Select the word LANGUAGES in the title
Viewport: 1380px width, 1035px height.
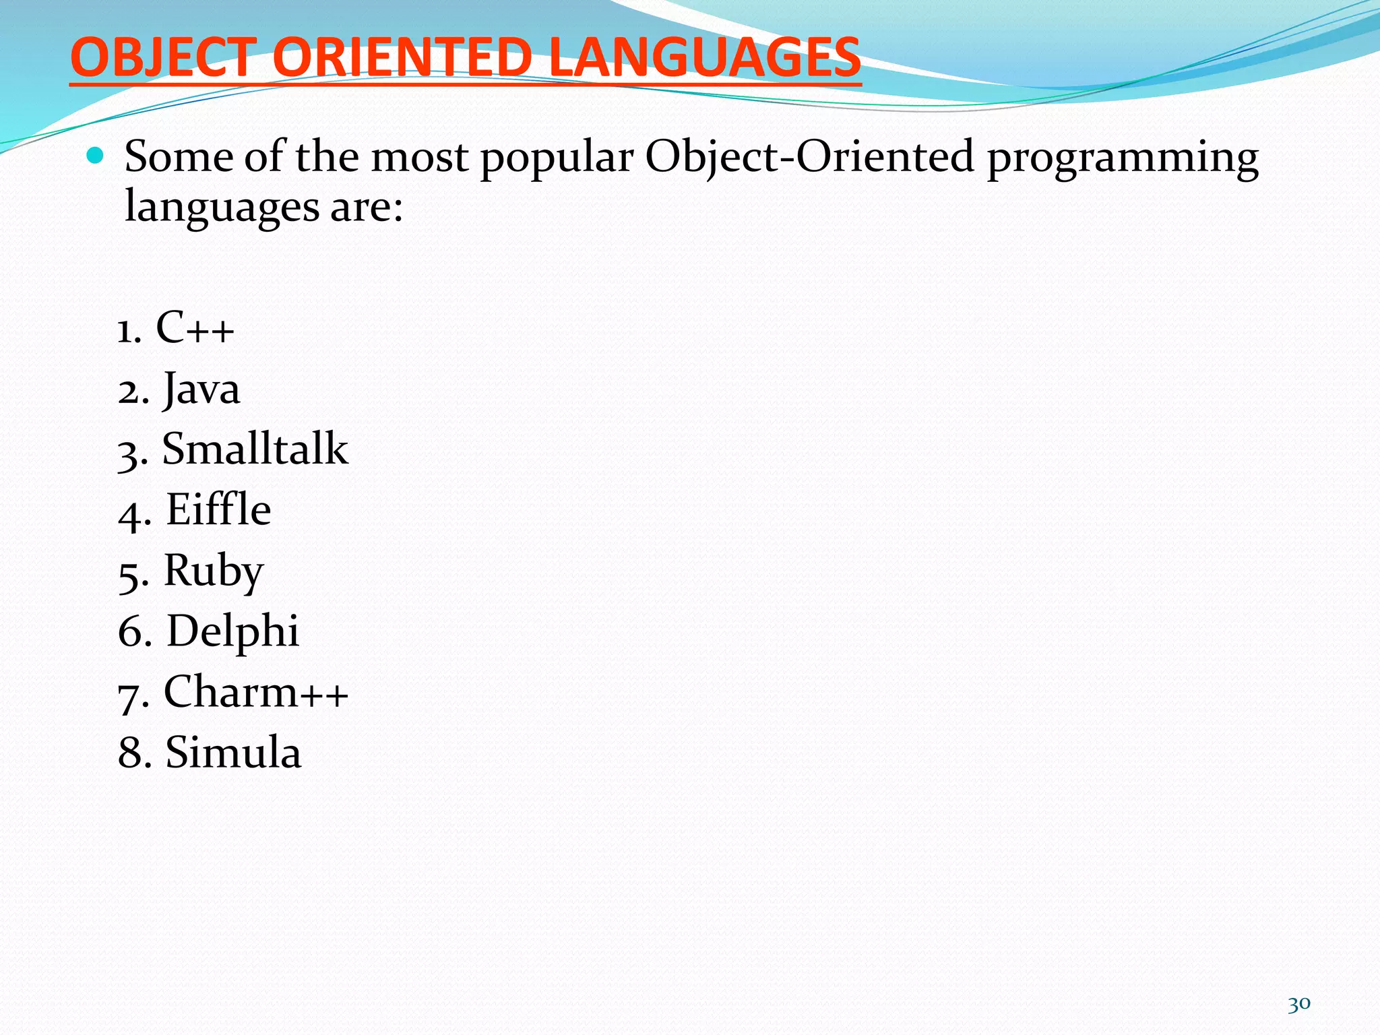705,58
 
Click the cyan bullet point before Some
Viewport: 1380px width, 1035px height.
96,157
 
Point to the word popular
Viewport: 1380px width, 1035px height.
557,158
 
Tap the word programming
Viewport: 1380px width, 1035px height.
1123,158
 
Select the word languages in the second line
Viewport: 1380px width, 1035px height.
222,207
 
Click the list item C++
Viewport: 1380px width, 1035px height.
195,329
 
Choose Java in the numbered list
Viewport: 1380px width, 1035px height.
201,390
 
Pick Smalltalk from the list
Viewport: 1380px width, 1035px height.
255,449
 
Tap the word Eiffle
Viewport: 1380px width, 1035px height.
218,510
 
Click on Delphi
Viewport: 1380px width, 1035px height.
232,632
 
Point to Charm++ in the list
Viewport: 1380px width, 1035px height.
256,693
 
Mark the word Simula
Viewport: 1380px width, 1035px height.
233,753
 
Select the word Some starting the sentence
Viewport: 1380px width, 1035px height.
179,158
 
